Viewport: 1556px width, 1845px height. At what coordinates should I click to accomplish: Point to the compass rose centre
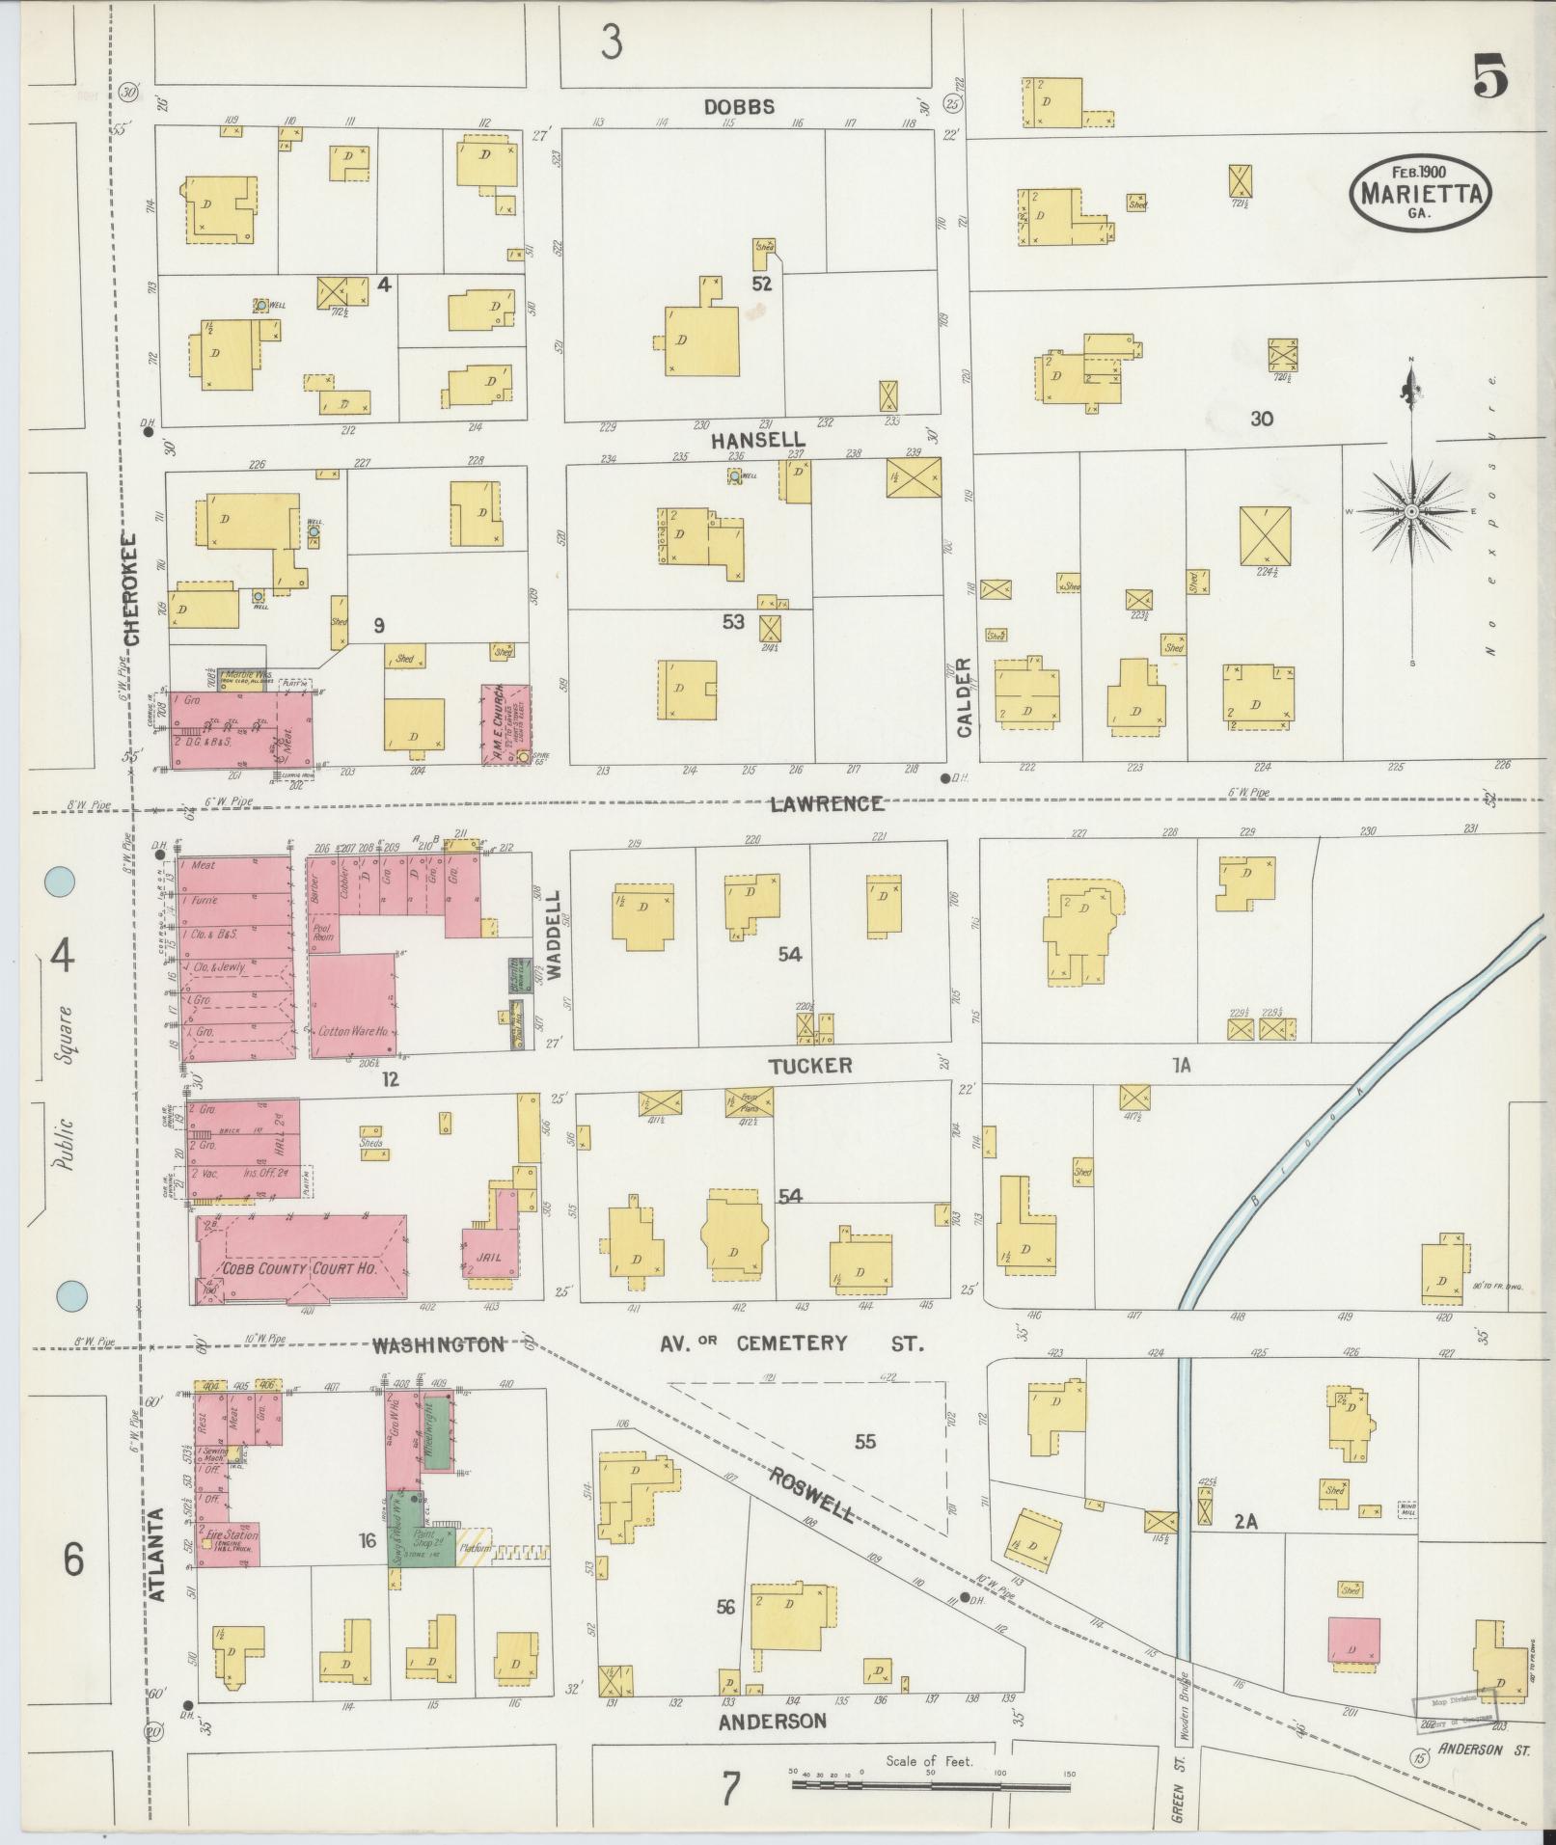point(1411,510)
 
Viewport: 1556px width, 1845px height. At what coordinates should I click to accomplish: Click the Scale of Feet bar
point(931,1785)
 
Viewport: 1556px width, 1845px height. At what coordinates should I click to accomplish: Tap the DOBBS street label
point(739,107)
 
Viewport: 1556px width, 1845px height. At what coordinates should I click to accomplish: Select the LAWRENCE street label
point(827,802)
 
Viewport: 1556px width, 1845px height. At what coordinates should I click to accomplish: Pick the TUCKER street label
point(810,1065)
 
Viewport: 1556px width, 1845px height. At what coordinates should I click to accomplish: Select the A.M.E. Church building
point(505,724)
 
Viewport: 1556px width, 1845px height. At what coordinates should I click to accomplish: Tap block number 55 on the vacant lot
point(865,1441)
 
